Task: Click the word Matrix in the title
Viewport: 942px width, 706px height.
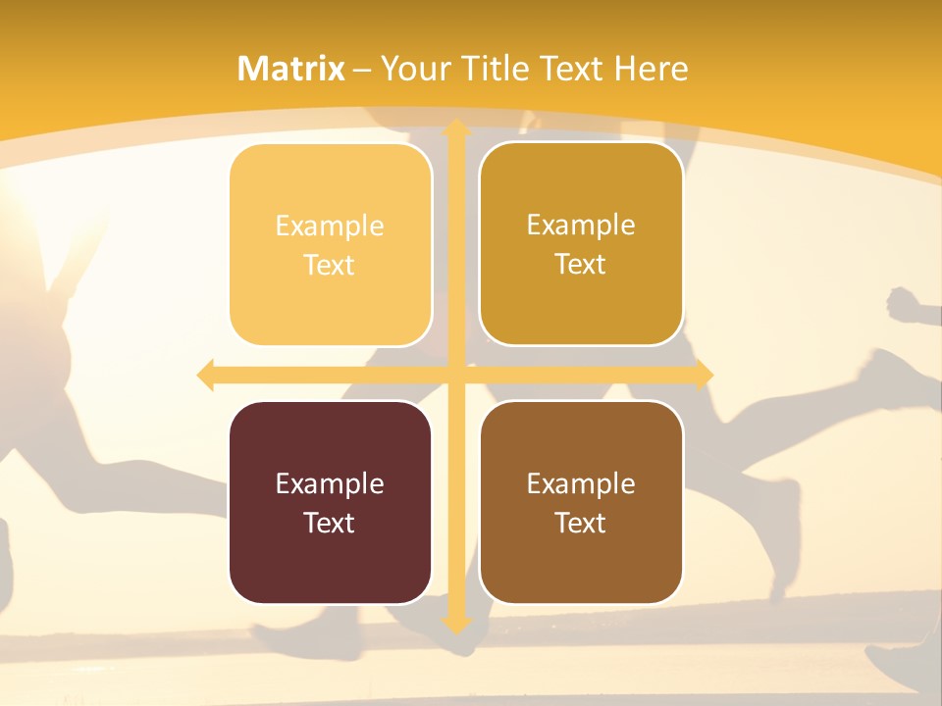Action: click(x=291, y=69)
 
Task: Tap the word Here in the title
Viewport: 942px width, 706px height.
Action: click(x=652, y=69)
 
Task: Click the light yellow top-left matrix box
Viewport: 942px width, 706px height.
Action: click(x=331, y=245)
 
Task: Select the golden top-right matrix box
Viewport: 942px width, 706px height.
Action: click(x=581, y=244)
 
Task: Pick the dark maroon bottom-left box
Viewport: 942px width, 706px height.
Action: click(x=331, y=502)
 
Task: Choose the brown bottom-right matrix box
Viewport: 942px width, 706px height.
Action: click(x=581, y=502)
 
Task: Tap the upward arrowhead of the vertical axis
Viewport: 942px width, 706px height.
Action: click(x=455, y=128)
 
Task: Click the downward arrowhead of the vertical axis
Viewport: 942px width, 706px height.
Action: click(x=455, y=624)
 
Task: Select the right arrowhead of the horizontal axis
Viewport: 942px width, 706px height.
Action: click(x=704, y=375)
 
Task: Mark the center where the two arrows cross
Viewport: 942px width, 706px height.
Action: click(x=455, y=375)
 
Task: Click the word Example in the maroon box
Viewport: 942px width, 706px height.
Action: click(x=329, y=483)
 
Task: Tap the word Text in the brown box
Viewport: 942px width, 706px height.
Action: click(x=580, y=523)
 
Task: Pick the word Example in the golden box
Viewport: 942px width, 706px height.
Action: click(x=580, y=226)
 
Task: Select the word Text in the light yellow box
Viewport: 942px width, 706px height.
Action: click(x=329, y=266)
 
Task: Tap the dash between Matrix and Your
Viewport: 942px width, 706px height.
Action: click(x=362, y=70)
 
